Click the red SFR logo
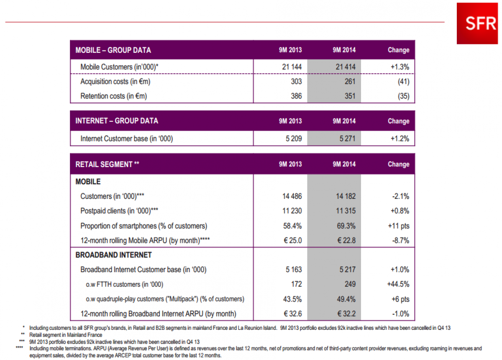(x=477, y=23)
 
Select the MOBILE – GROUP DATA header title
(x=113, y=50)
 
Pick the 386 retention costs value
(x=296, y=96)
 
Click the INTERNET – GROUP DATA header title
(x=117, y=121)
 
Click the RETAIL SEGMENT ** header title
(x=107, y=165)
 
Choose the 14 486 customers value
(x=292, y=196)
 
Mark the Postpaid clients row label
(x=119, y=211)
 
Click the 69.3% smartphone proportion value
(x=346, y=226)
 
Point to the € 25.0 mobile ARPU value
(x=292, y=241)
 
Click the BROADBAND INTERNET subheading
(x=113, y=255)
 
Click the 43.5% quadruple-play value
(x=292, y=299)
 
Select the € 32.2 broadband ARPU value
(x=345, y=314)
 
